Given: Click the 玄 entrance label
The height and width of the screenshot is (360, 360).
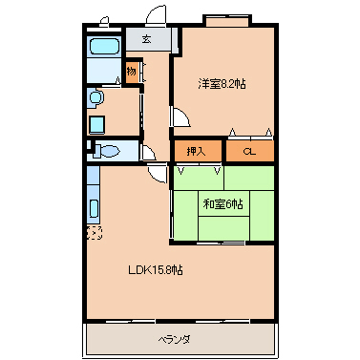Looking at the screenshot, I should pyautogui.click(x=146, y=39).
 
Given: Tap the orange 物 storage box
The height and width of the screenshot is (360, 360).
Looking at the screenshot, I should pyautogui.click(x=132, y=71).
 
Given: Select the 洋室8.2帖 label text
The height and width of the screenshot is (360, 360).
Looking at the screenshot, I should pyautogui.click(x=222, y=83).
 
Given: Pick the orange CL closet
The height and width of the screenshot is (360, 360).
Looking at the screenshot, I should pyautogui.click(x=249, y=150).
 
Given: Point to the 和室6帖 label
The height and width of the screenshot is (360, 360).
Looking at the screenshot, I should pyautogui.click(x=222, y=203).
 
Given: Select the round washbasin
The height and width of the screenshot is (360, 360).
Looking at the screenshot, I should pyautogui.click(x=95, y=96).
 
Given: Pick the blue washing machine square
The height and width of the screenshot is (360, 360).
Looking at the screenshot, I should pyautogui.click(x=97, y=122).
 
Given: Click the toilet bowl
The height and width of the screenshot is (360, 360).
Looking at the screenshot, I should pyautogui.click(x=109, y=149).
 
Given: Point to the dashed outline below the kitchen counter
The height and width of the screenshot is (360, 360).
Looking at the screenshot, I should pyautogui.click(x=93, y=231).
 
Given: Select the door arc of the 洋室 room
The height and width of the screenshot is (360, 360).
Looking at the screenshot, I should pyautogui.click(x=180, y=116).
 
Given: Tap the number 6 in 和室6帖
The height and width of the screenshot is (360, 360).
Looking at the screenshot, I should pyautogui.click(x=232, y=203).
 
